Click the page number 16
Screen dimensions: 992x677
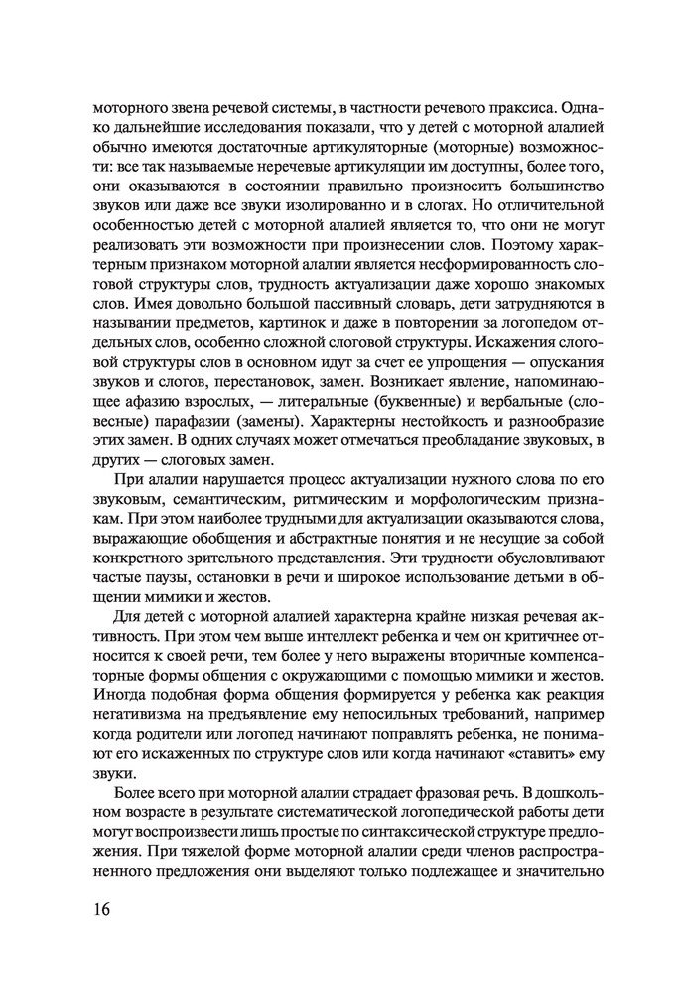(102, 910)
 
